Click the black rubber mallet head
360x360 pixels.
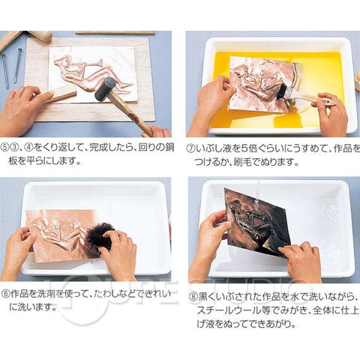(104, 88)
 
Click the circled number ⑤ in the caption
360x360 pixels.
(5, 147)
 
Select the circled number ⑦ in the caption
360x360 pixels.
(190, 148)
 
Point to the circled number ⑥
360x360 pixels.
(5, 294)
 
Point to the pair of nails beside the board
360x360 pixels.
(12, 68)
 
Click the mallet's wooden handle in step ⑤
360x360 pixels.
(133, 112)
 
